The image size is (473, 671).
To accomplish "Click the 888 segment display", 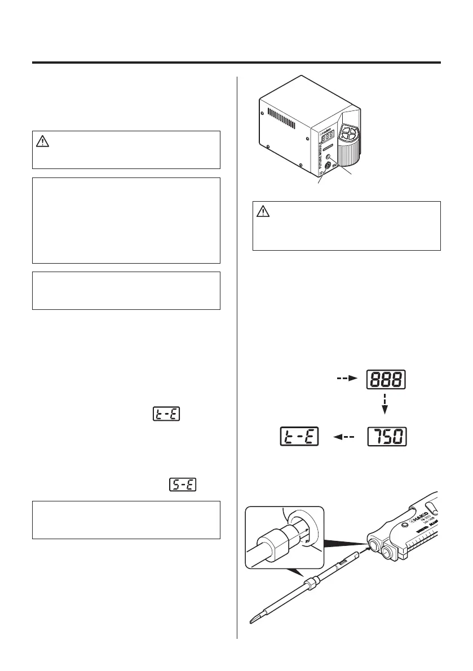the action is (x=387, y=379).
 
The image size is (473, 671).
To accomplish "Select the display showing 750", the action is (x=387, y=437).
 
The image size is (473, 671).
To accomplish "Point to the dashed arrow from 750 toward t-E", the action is (x=343, y=437).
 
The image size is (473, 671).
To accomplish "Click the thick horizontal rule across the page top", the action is (x=236, y=63).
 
